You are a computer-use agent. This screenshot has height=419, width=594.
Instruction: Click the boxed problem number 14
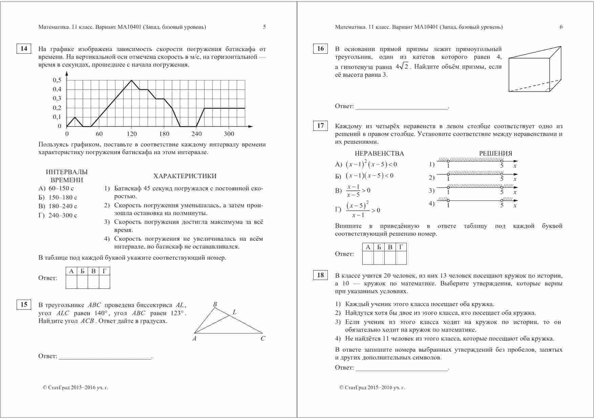point(24,49)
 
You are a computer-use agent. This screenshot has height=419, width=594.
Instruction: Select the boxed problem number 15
point(24,305)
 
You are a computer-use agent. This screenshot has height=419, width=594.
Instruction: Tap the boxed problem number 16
point(320,49)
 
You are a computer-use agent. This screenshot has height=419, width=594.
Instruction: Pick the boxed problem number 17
point(320,126)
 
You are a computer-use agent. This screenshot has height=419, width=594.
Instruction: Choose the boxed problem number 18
point(320,275)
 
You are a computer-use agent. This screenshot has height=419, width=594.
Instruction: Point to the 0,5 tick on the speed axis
point(57,80)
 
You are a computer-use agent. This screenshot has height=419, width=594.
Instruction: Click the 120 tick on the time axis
point(131,134)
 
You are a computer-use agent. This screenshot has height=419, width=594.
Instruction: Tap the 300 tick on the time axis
point(229,134)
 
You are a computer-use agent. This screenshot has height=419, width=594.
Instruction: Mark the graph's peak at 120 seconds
point(131,80)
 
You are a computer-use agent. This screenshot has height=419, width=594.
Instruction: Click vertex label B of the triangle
point(215,304)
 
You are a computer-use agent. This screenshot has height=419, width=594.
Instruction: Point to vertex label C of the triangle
point(263,339)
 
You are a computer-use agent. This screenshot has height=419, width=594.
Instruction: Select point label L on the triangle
point(234,312)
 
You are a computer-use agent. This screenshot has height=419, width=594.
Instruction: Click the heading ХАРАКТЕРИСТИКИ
point(185,176)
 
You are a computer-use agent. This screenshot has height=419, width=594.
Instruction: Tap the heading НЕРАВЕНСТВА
point(379,154)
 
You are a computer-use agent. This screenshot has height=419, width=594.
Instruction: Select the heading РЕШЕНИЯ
point(495,154)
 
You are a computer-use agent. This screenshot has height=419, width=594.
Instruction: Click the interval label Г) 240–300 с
point(58,215)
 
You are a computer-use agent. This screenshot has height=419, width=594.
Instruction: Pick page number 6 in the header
point(561,27)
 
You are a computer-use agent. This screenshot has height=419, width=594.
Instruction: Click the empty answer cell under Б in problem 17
point(379,258)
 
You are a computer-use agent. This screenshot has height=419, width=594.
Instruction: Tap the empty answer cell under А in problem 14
point(71,282)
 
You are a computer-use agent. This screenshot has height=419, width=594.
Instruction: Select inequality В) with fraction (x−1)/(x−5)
point(353,191)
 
